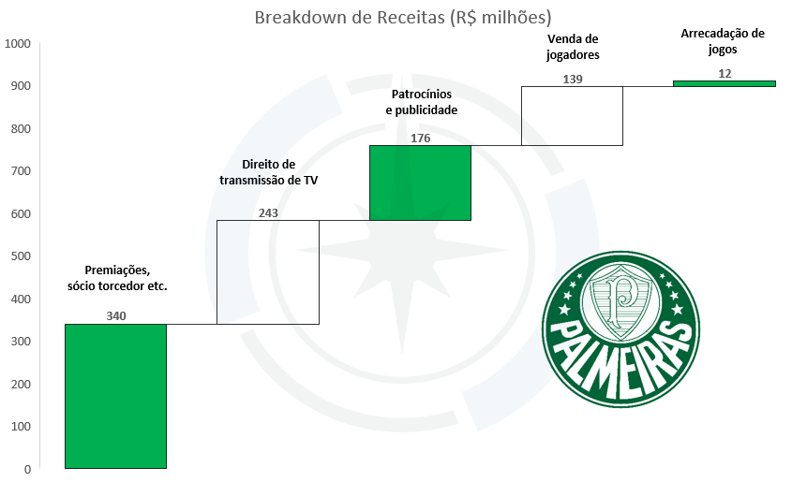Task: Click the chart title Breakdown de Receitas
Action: point(403,18)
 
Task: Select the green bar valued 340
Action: point(116,396)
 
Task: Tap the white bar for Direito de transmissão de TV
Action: point(268,272)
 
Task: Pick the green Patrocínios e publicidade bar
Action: point(420,183)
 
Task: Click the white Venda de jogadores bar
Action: point(572,116)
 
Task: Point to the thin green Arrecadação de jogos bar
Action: point(725,83)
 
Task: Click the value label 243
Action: point(268,212)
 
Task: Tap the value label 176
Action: point(421,139)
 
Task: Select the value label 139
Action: point(573,80)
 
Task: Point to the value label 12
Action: point(725,74)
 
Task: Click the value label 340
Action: point(116,316)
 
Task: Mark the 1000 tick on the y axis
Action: point(18,44)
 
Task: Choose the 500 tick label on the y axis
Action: point(21,256)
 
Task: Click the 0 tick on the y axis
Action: point(27,469)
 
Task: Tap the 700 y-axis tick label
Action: point(21,170)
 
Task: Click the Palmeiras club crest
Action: point(620,329)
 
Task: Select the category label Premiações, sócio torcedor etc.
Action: point(117,278)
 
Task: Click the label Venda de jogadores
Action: point(573,47)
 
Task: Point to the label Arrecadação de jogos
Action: point(723,41)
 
